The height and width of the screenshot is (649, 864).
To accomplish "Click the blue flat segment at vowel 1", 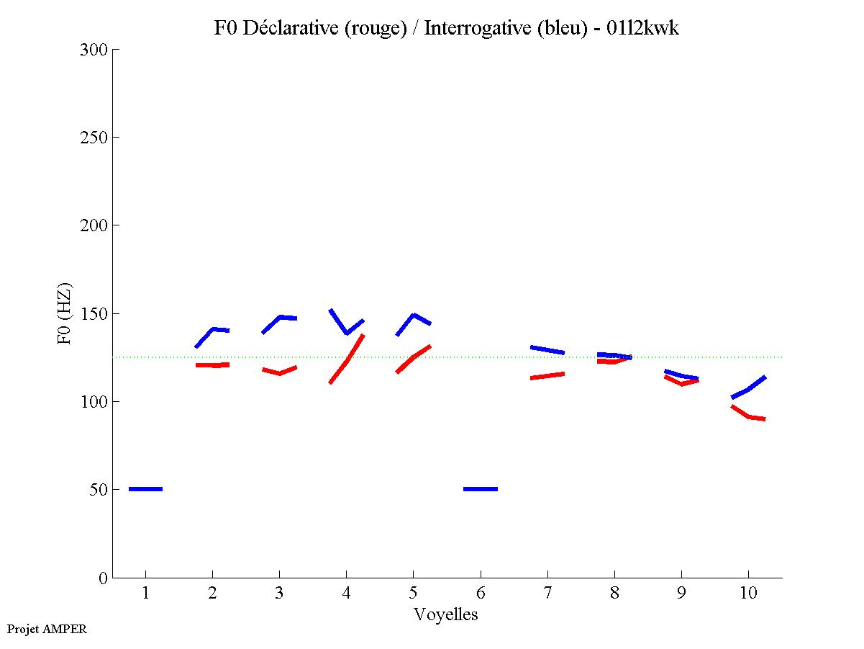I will pyautogui.click(x=145, y=489).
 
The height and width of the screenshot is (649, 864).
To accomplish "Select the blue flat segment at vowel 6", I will pyautogui.click(x=480, y=489).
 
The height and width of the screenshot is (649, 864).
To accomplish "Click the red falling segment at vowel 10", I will pyautogui.click(x=748, y=416).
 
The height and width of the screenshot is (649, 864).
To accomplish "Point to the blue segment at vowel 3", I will pyautogui.click(x=279, y=318).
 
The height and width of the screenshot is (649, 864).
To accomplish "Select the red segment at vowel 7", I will pyautogui.click(x=547, y=375).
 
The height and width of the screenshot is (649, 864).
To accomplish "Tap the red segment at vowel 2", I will pyautogui.click(x=212, y=365).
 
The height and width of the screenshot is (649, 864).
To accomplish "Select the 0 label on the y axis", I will pyautogui.click(x=104, y=578).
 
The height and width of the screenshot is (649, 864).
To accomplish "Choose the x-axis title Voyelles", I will pyautogui.click(x=446, y=614).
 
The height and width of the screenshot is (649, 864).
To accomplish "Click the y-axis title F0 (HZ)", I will pyautogui.click(x=65, y=313).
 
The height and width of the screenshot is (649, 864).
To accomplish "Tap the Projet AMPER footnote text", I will pyautogui.click(x=47, y=629).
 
